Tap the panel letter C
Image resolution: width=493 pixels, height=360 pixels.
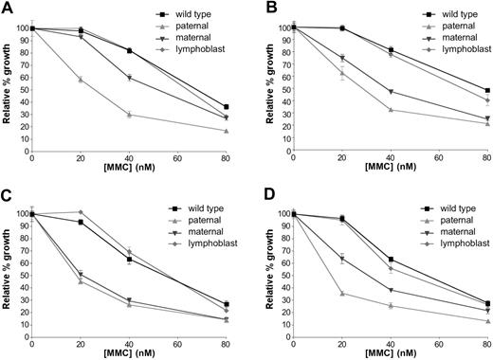pyautogui.click(x=7, y=192)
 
